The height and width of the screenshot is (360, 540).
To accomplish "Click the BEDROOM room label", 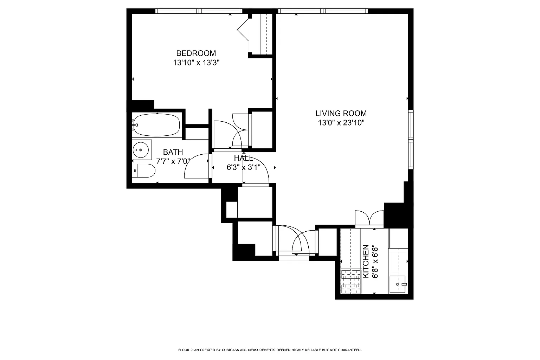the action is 196,53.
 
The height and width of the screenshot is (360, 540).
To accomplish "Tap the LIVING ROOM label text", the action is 341,113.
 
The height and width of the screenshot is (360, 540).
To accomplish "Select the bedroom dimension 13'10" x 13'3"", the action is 196,63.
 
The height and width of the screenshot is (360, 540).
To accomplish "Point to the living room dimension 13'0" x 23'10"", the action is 341,123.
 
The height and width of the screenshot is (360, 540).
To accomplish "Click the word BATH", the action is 173,152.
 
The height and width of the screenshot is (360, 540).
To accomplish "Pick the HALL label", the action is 244,158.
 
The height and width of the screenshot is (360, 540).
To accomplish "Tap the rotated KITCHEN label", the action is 366,261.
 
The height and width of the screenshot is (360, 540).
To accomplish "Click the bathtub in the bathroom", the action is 157,125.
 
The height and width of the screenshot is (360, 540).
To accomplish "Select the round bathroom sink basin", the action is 141,150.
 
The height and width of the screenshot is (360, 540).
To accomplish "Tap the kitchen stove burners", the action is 351,281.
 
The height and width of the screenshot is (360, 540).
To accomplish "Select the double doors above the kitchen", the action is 369,218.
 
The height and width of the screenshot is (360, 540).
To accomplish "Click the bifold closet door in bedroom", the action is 243,30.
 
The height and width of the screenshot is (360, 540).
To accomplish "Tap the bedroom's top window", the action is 199,11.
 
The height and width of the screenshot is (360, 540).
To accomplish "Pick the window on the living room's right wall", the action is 411,139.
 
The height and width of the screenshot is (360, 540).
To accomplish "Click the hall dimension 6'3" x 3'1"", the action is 244,167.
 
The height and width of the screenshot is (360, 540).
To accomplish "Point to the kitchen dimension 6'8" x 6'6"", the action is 375,261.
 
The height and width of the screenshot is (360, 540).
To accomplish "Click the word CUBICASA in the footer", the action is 231,350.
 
